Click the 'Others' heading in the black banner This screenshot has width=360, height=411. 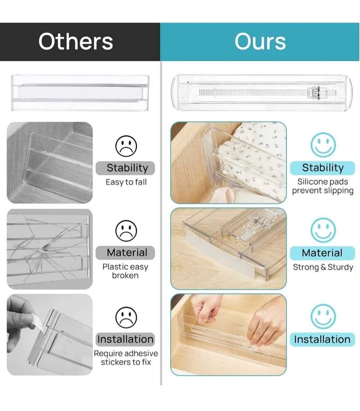pos(75,42)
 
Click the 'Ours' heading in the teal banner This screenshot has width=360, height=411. pos(260,42)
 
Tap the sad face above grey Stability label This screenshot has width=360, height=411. pos(126,146)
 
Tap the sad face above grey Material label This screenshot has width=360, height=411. pos(126,231)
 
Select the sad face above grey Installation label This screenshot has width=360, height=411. pos(126,317)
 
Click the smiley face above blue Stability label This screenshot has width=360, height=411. pos(323,145)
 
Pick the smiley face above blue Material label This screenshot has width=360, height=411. pos(323,230)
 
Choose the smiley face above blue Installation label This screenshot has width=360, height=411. pos(323,316)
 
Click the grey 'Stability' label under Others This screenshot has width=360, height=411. pos(125,168)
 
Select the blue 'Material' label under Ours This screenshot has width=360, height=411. pos(322,253)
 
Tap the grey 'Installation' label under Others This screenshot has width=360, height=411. pos(125,339)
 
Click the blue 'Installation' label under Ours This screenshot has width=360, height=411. pos(322,340)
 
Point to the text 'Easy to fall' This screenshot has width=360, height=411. pos(126,182)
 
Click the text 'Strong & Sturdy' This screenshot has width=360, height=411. pos(323,267)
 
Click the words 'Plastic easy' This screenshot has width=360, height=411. pos(125,267)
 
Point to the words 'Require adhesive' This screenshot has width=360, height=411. pos(126,353)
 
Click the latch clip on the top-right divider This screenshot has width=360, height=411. pos(317,93)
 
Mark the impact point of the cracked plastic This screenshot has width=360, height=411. pos(42,248)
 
